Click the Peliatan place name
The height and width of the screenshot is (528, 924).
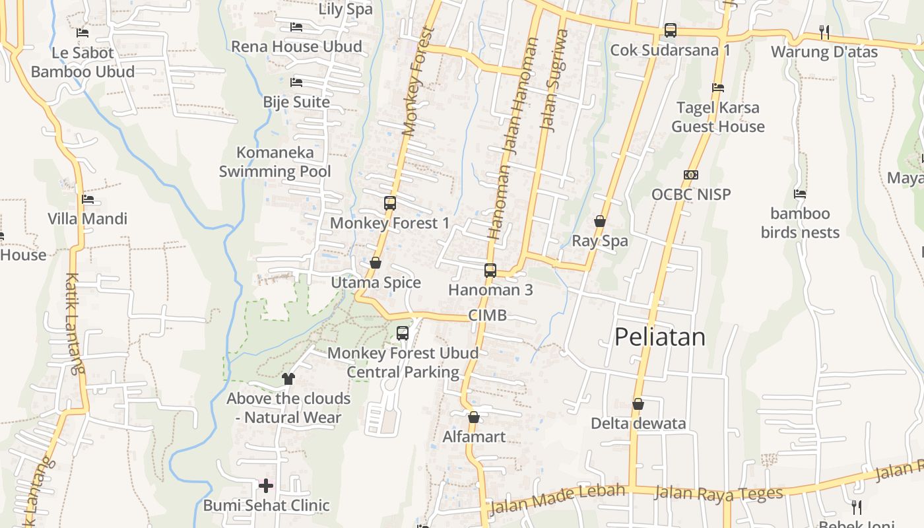point(659,337)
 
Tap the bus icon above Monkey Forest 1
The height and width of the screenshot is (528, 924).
point(390,203)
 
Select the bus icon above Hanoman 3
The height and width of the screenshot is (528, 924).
point(490,270)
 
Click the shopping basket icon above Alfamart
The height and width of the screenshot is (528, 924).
point(473,417)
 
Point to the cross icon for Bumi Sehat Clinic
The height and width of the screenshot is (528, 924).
point(266,486)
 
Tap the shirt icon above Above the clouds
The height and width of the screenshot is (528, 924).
point(288,379)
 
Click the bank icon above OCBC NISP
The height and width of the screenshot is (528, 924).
point(691,175)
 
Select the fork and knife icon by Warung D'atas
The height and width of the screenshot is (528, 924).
point(824,32)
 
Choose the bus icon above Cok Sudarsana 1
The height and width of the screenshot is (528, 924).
point(671,30)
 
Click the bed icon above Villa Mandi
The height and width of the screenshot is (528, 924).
point(87,199)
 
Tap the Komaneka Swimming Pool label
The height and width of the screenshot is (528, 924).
point(275,162)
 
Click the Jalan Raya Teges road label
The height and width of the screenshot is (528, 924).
point(718,493)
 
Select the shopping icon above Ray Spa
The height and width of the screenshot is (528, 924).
point(600,221)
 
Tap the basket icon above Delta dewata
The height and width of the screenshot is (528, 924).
point(638,404)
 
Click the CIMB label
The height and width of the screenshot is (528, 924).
point(488,315)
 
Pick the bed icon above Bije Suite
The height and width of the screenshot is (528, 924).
point(296,82)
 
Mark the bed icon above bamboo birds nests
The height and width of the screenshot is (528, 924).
point(800,194)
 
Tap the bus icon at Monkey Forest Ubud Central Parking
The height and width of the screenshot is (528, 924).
point(403,333)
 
